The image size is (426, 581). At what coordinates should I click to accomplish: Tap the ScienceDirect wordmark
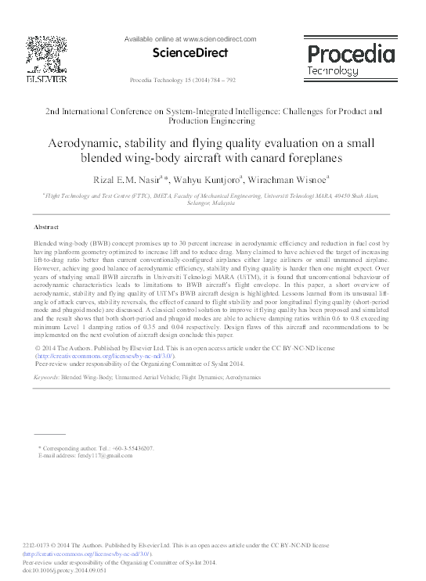pos(190,53)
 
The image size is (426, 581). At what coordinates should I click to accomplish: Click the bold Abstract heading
pos(49,227)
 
